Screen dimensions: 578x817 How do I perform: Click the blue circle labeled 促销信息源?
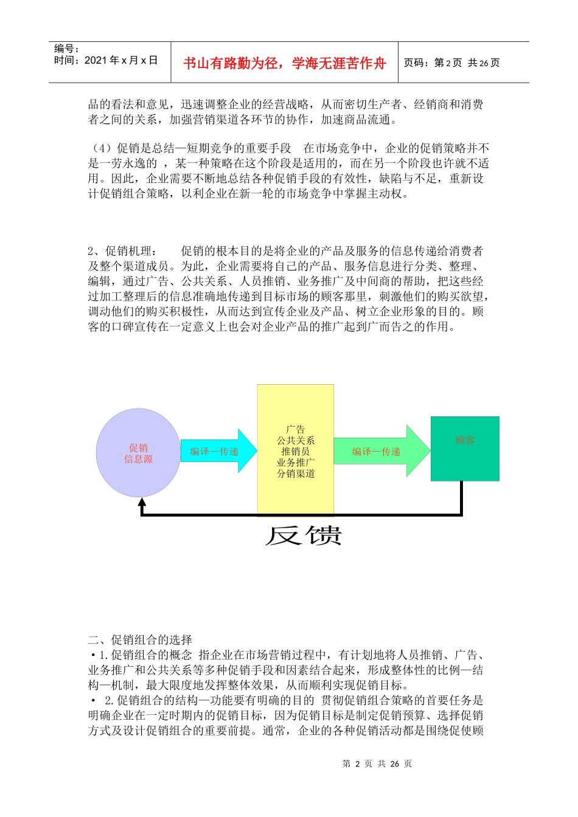[138, 453]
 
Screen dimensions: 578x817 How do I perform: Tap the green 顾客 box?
[465, 449]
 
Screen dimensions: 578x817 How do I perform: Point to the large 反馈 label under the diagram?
[303, 536]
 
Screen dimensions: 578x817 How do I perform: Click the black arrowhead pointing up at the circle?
[142, 503]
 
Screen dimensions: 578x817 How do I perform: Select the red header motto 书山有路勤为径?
[284, 63]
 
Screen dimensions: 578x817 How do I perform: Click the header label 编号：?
[66, 49]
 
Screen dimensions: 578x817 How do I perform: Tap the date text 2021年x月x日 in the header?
[120, 60]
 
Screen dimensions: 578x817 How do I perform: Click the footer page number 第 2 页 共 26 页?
[377, 764]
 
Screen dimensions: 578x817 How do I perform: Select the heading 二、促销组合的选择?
[140, 639]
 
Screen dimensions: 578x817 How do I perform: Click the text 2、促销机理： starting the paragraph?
[122, 251]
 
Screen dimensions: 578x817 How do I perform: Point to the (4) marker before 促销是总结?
[100, 148]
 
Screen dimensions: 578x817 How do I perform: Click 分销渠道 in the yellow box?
[296, 474]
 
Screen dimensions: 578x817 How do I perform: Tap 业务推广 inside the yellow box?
[296, 463]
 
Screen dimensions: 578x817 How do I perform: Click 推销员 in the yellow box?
[296, 451]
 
